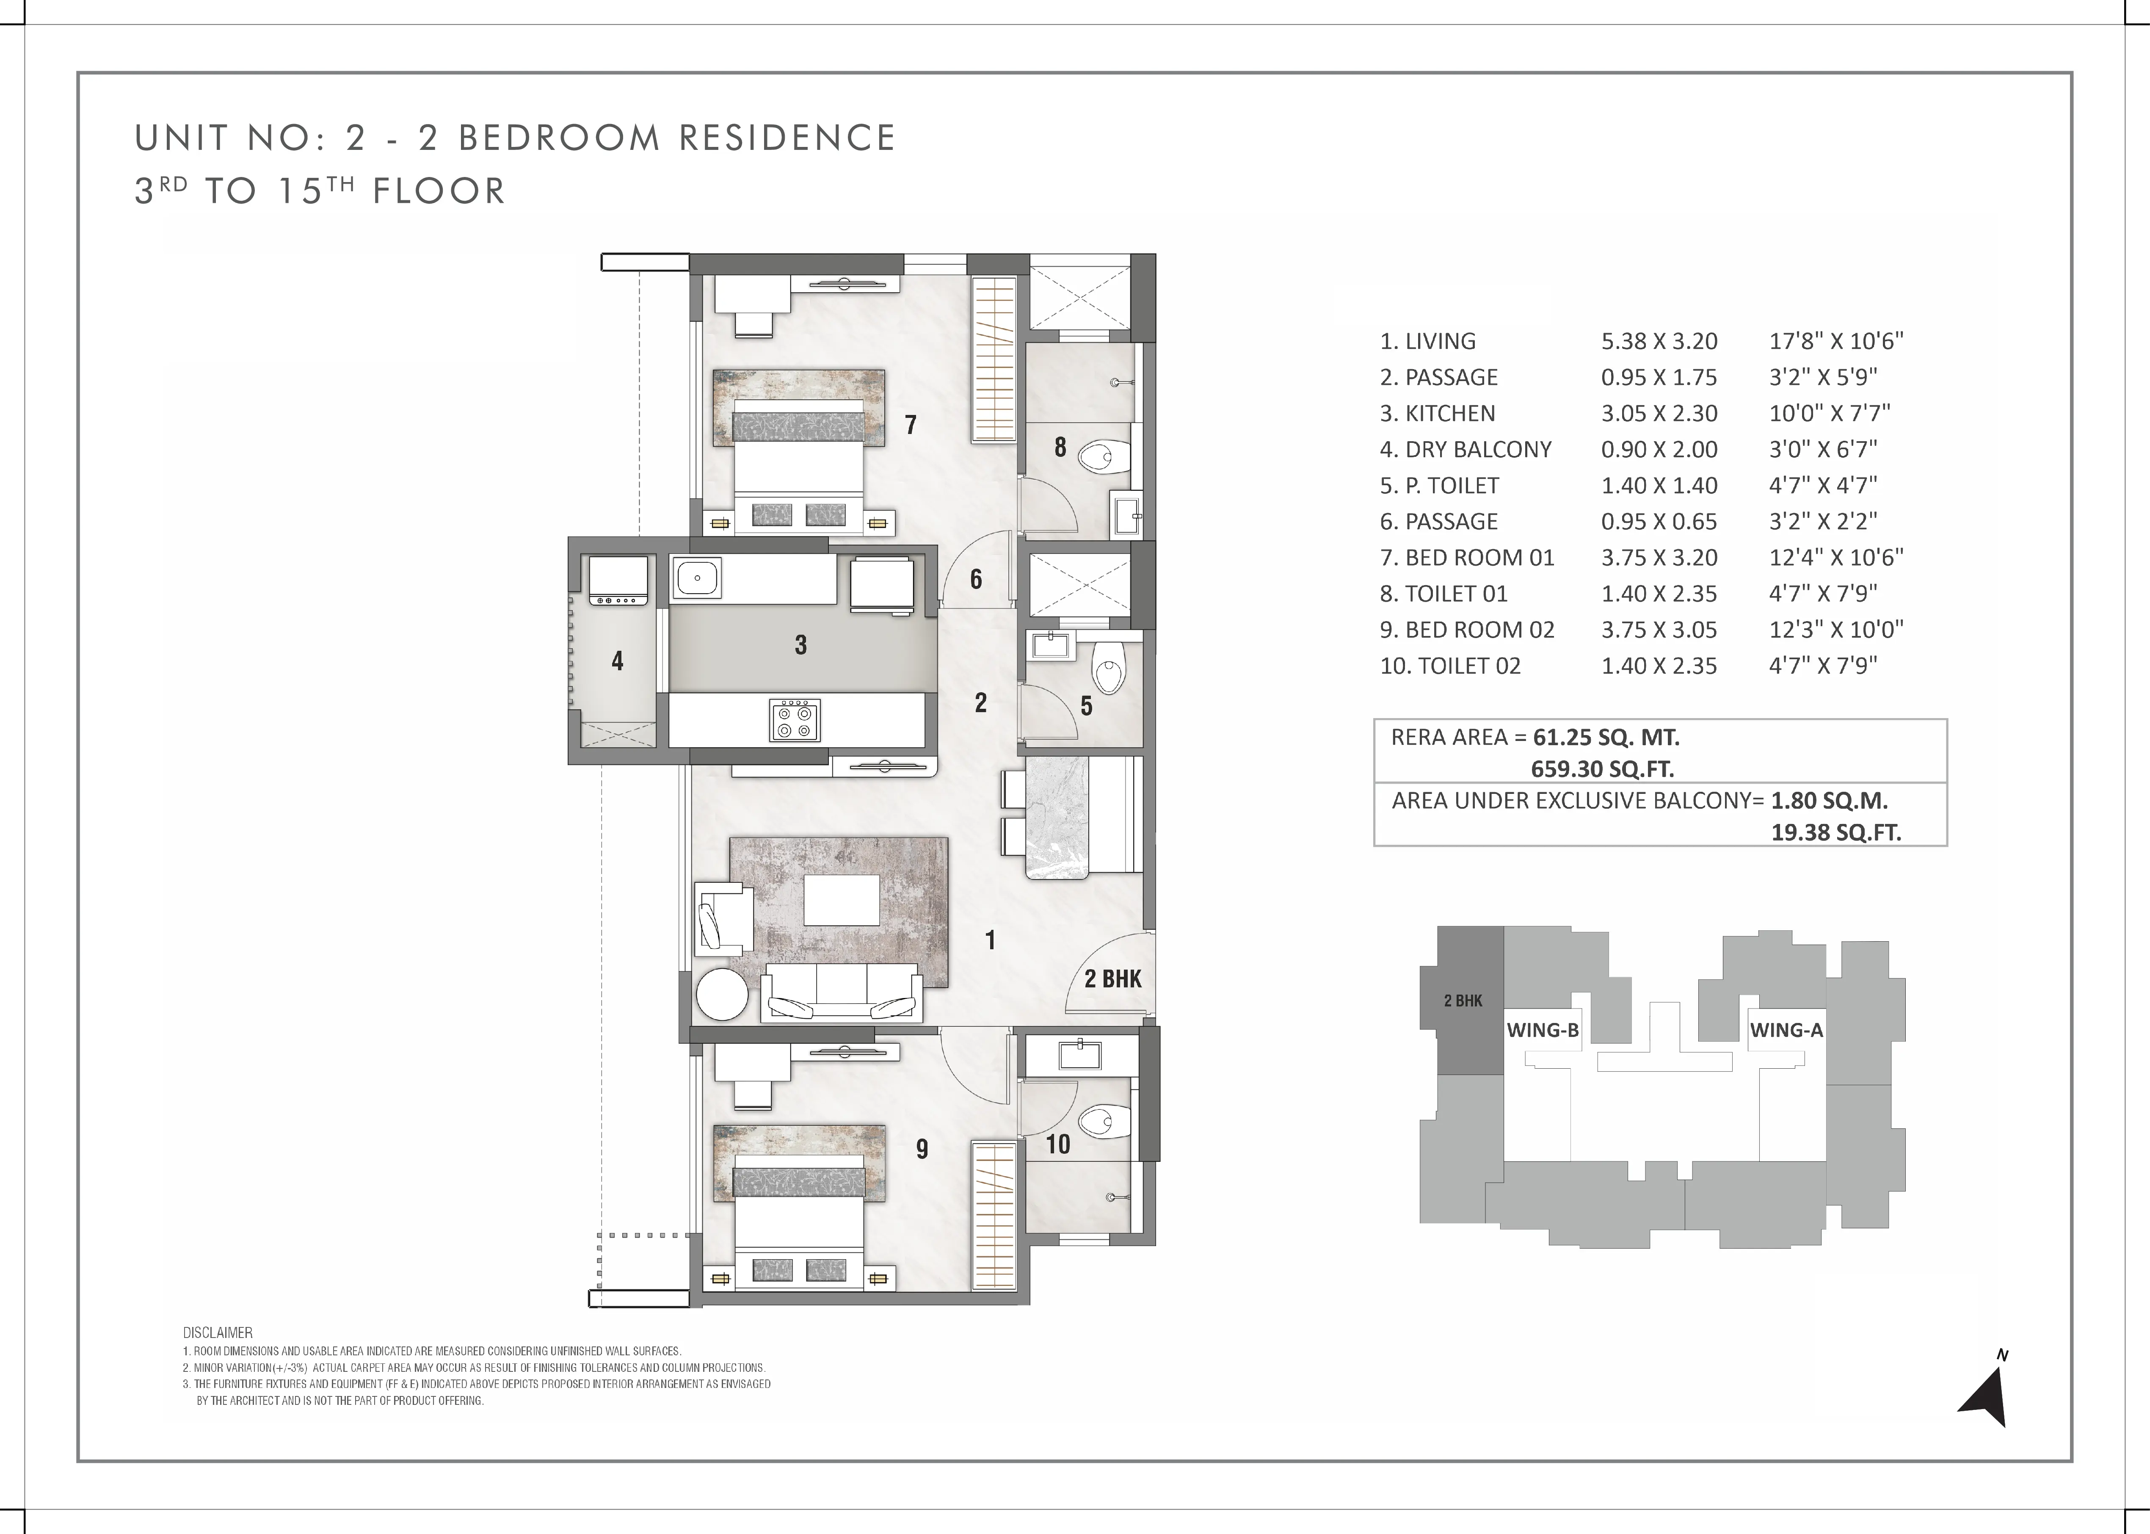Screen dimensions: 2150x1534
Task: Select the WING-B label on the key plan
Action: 1543,1031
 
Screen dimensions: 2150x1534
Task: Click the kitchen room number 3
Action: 801,645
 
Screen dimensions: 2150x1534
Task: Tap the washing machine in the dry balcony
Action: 618,580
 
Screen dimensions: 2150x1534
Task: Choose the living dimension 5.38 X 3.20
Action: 1659,341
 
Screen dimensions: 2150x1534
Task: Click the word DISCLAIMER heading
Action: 218,1333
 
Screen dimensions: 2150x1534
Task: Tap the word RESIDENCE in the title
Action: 787,138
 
